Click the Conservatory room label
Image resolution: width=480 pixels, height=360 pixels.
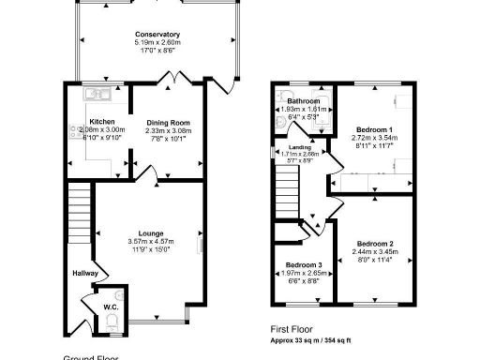(157, 35)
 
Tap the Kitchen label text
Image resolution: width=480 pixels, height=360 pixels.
(102, 122)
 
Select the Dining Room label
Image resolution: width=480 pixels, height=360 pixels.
(168, 122)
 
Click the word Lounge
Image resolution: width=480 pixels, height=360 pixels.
(151, 233)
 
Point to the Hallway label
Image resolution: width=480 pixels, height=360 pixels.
(85, 274)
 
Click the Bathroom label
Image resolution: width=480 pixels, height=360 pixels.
(304, 101)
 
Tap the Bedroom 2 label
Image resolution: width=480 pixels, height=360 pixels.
(376, 245)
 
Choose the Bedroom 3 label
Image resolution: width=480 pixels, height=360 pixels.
(304, 265)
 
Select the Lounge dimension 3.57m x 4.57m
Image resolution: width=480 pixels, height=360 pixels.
(151, 242)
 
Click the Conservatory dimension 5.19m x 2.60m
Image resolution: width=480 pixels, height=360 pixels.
(157, 43)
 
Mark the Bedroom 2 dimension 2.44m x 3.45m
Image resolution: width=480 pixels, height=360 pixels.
(376, 253)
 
